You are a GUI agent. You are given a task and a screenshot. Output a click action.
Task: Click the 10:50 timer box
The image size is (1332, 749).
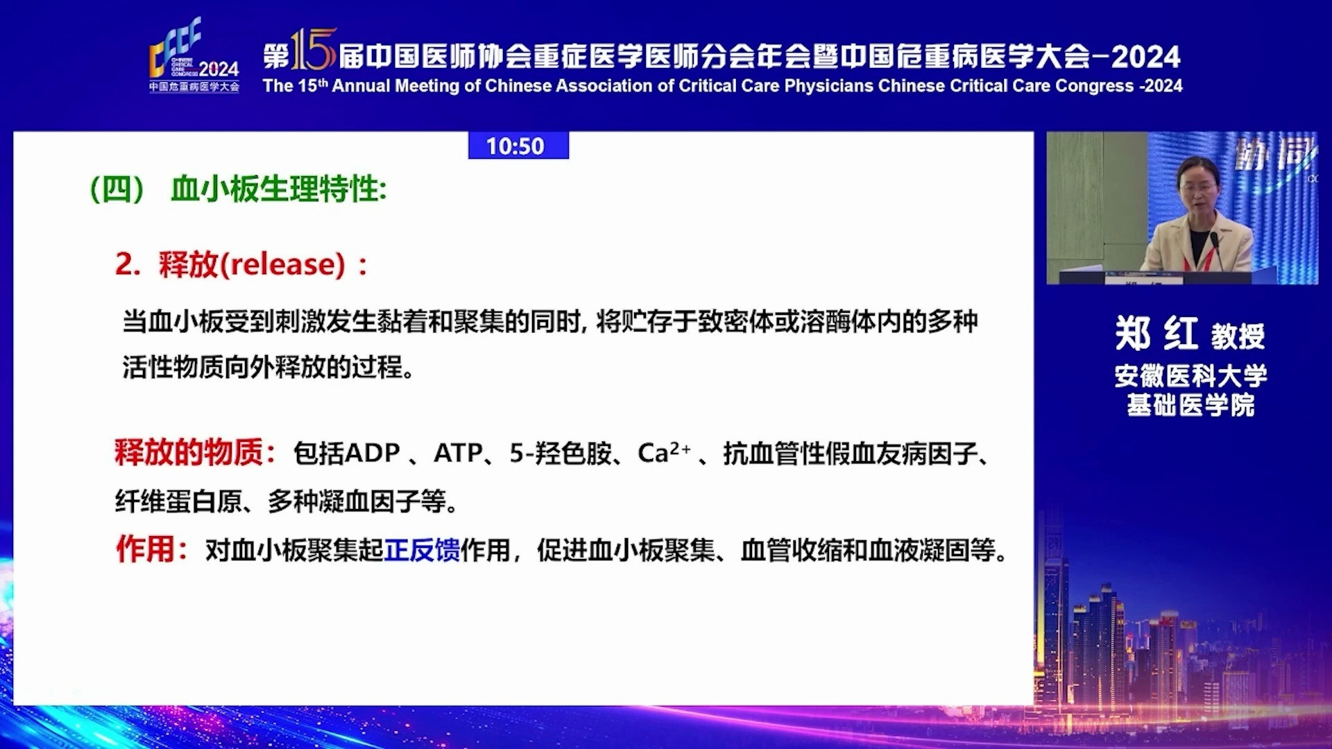tap(518, 146)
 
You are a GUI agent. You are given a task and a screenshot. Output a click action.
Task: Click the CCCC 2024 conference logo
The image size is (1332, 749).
tap(194, 55)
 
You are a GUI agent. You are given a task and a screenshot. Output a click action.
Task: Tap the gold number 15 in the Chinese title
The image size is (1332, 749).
tap(314, 50)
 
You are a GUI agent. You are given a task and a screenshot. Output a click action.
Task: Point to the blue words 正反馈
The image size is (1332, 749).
tap(422, 550)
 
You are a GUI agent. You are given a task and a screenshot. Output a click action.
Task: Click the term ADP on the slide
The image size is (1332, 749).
tap(372, 454)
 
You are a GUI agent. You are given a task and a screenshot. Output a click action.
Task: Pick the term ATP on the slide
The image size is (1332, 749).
tap(458, 454)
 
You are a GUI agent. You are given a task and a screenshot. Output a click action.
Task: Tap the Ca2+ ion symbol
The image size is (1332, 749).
tap(664, 453)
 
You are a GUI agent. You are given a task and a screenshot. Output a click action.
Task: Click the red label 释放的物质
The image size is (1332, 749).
tap(189, 453)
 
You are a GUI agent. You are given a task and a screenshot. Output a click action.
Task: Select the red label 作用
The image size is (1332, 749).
tap(145, 549)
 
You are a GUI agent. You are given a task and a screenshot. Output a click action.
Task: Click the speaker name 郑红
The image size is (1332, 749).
tap(1156, 334)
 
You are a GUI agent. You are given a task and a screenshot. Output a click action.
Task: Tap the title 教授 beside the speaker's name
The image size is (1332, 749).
tap(1238, 336)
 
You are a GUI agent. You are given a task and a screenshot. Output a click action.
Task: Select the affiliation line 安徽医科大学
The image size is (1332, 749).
tap(1190, 376)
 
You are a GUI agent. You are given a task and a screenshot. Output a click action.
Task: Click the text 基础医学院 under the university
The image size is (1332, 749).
tap(1190, 405)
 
